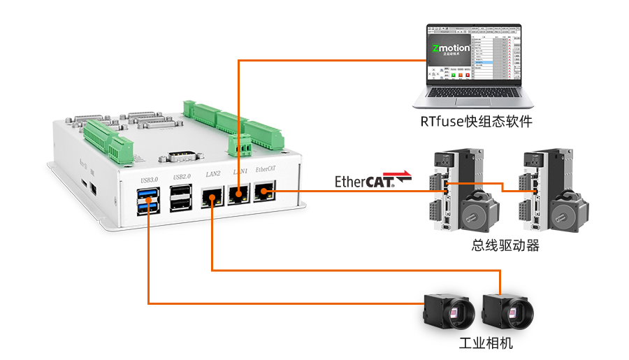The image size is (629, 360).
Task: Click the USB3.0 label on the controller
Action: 150,180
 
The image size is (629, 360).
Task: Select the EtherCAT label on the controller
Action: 266,170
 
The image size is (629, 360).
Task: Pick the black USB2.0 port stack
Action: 182,198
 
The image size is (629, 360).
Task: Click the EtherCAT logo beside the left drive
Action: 372,179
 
